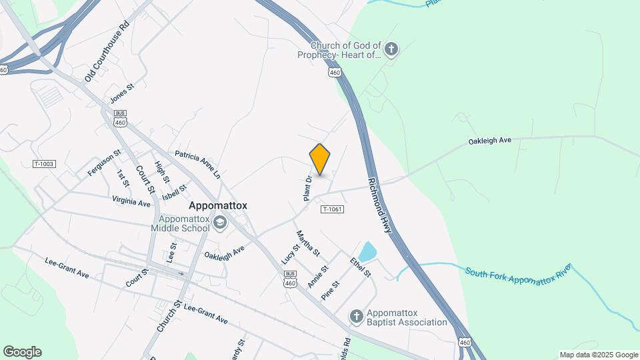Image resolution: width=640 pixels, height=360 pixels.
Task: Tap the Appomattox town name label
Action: [x=218, y=206]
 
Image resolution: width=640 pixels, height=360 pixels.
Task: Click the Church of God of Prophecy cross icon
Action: [x=391, y=49]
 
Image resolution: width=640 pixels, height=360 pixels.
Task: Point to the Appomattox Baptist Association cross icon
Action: [x=357, y=315]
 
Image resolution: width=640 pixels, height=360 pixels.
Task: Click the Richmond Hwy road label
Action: [x=379, y=205]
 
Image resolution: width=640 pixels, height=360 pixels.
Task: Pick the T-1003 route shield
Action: [x=43, y=164]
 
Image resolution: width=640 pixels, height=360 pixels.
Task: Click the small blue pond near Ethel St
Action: [x=367, y=252]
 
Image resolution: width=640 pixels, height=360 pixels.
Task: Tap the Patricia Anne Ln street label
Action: [x=197, y=165]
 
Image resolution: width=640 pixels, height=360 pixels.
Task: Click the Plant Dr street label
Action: [x=308, y=188]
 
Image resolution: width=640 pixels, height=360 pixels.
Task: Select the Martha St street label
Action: [x=309, y=243]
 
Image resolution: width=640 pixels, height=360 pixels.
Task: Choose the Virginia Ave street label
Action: [x=131, y=201]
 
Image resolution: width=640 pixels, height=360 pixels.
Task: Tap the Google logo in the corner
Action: [x=22, y=352]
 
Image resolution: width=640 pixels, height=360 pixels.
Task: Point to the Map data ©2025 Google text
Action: [x=598, y=355]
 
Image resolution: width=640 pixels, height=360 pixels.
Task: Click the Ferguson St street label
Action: [x=104, y=163]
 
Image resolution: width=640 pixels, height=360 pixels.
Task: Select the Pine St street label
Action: [x=331, y=290]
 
